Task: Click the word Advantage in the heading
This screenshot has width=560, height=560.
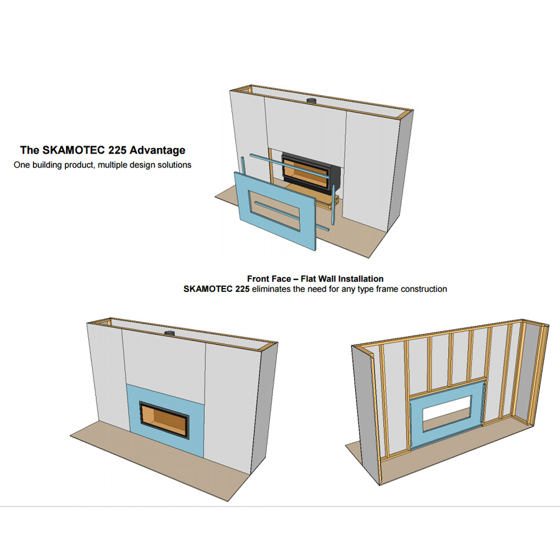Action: click(x=157, y=151)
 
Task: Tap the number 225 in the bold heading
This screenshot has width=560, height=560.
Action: click(x=117, y=150)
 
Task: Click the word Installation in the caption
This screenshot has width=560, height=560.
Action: click(x=361, y=279)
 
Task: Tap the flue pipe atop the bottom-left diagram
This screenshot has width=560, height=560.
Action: click(x=169, y=334)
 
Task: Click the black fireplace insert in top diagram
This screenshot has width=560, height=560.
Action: click(x=310, y=172)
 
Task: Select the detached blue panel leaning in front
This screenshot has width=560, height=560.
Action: click(x=275, y=211)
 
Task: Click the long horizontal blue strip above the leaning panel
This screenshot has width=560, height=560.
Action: click(x=289, y=166)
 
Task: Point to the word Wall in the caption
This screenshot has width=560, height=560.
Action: click(x=327, y=279)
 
